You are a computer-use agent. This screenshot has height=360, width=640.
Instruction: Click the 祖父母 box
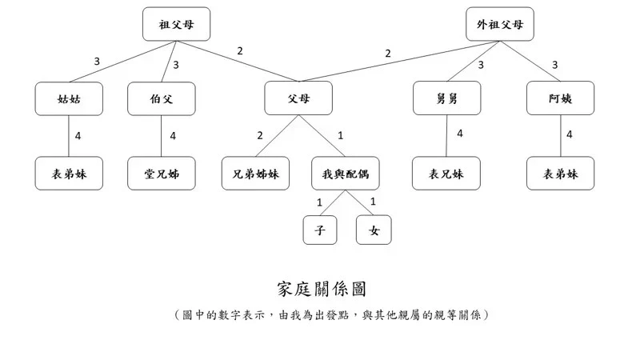tap(176, 24)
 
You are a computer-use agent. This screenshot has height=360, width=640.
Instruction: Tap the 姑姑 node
tap(69, 98)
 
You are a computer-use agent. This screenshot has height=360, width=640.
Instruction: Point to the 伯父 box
tap(161, 98)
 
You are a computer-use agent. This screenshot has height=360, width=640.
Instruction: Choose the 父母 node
tap(298, 98)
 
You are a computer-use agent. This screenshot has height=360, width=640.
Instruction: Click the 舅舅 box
tap(446, 98)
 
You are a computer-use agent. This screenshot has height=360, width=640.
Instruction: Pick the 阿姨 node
tap(560, 98)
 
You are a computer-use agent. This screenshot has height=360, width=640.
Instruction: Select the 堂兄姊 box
tap(161, 173)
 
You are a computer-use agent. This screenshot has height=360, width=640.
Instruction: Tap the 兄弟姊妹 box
tap(255, 173)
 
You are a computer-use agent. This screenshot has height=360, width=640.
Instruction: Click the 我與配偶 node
tap(345, 173)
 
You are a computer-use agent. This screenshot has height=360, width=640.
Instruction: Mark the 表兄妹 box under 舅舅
tap(446, 173)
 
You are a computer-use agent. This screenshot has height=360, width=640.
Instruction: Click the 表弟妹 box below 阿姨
tap(560, 173)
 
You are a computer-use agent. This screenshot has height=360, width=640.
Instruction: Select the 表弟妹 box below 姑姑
tap(69, 173)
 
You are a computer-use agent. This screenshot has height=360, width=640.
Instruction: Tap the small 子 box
tap(320, 230)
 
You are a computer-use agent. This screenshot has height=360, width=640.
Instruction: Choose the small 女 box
tap(374, 230)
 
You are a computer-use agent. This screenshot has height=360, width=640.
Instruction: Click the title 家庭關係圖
tap(321, 289)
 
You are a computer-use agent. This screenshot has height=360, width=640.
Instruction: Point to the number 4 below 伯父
tap(172, 136)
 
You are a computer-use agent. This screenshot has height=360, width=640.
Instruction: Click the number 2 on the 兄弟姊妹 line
tap(260, 135)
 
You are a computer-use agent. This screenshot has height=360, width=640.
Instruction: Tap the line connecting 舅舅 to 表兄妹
tap(446, 140)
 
